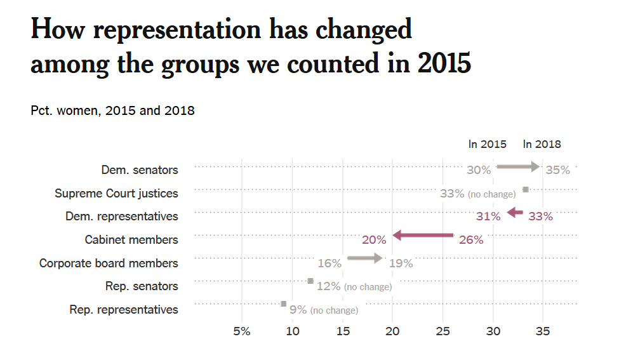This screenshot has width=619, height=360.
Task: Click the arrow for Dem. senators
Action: click(x=518, y=166)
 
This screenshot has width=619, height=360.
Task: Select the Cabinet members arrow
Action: click(x=423, y=236)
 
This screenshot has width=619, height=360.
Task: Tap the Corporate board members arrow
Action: click(x=365, y=258)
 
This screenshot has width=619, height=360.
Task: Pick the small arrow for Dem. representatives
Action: click(x=515, y=212)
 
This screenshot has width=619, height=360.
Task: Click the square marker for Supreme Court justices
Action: click(x=526, y=189)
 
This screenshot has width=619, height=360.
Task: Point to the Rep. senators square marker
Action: click(x=310, y=281)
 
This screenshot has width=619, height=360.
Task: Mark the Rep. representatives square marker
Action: click(x=283, y=304)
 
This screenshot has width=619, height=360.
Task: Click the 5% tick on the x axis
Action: click(x=242, y=331)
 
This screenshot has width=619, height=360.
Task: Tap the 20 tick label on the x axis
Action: click(x=392, y=331)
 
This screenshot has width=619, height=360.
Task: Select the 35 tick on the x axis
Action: click(x=543, y=331)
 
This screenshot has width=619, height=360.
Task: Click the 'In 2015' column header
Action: click(x=487, y=144)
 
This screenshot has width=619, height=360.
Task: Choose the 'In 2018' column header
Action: click(x=542, y=144)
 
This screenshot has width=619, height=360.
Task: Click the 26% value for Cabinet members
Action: click(x=471, y=239)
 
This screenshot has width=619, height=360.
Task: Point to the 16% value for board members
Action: click(x=329, y=263)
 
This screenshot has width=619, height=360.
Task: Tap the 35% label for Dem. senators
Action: click(x=558, y=170)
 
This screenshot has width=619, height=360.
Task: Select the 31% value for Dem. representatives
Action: click(x=488, y=216)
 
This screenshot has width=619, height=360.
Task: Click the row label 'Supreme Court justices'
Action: click(x=116, y=194)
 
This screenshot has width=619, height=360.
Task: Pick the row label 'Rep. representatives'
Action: click(x=124, y=309)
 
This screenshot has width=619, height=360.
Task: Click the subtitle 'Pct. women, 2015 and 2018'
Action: click(x=112, y=110)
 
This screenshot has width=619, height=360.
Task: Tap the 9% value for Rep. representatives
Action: click(x=298, y=309)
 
